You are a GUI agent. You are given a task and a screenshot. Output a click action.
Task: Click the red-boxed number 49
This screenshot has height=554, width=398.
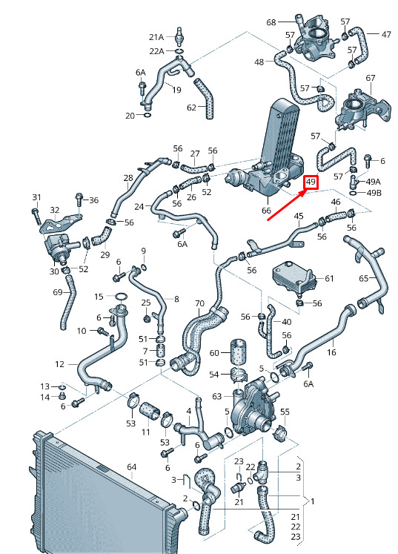coord(311,182)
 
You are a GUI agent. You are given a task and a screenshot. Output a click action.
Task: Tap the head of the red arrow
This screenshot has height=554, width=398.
coord(306,191)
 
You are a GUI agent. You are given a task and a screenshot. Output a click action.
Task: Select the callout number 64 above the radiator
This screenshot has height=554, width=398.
coord(131,467)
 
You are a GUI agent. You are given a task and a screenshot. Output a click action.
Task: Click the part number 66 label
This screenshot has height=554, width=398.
coord(266,211)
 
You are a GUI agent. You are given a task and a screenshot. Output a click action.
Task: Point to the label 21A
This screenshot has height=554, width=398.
coord(156,37)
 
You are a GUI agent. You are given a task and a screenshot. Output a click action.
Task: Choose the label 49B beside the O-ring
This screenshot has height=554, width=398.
coord(374,193)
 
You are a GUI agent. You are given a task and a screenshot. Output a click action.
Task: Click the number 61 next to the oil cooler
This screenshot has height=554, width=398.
coord(329,278)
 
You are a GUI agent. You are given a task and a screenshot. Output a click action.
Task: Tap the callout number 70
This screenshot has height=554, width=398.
coord(199,303)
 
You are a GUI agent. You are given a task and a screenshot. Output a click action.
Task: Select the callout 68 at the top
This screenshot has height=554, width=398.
coord(271,22)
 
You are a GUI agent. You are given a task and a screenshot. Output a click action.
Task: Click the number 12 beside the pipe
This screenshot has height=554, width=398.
coord(60,364)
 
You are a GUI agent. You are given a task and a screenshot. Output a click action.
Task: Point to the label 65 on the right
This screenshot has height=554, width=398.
coord(364,278)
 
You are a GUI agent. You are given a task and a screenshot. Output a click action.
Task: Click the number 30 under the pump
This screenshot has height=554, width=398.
coord(53,271)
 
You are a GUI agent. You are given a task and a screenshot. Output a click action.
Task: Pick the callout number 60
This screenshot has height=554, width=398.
coord(214,352)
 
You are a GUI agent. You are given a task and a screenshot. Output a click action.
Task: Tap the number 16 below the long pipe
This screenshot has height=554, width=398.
coord(331,352)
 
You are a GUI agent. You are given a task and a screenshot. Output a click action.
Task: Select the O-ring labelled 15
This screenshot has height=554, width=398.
coord(121,296)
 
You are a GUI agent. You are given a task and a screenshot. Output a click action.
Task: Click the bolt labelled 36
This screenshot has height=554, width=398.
coord(79,201)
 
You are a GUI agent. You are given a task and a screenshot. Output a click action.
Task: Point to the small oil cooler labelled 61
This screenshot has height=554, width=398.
coord(293,279)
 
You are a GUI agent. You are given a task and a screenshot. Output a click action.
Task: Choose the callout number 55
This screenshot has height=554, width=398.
coord(285,412)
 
